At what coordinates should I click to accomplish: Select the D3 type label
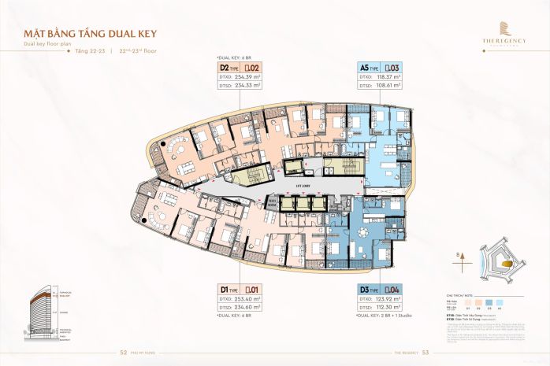click(366, 290)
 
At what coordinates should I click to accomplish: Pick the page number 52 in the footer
click(123, 353)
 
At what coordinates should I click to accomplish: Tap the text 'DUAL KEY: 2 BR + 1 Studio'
click(385, 316)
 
